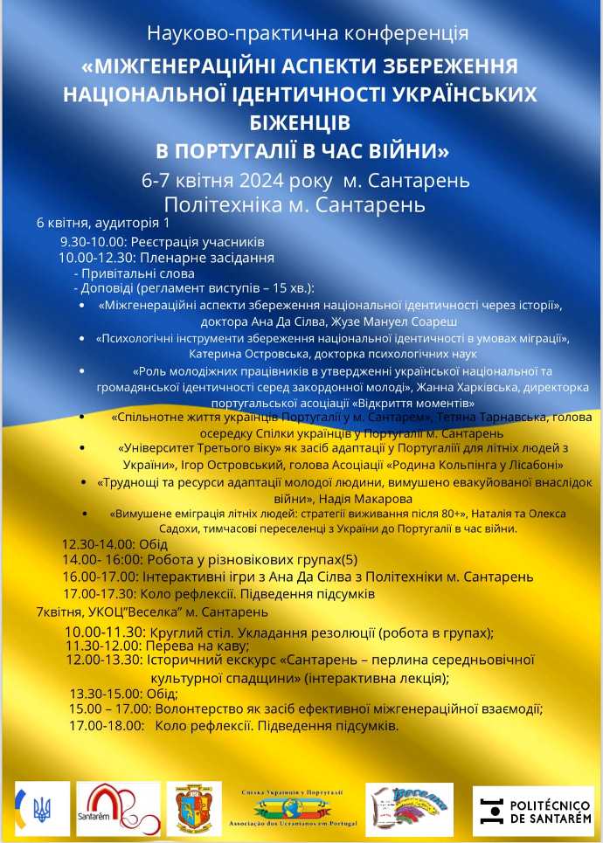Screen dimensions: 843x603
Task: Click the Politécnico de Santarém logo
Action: [x=532, y=808]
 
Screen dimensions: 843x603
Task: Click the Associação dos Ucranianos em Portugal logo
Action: [x=293, y=808]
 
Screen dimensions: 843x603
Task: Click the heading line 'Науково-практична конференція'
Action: [x=307, y=33]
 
